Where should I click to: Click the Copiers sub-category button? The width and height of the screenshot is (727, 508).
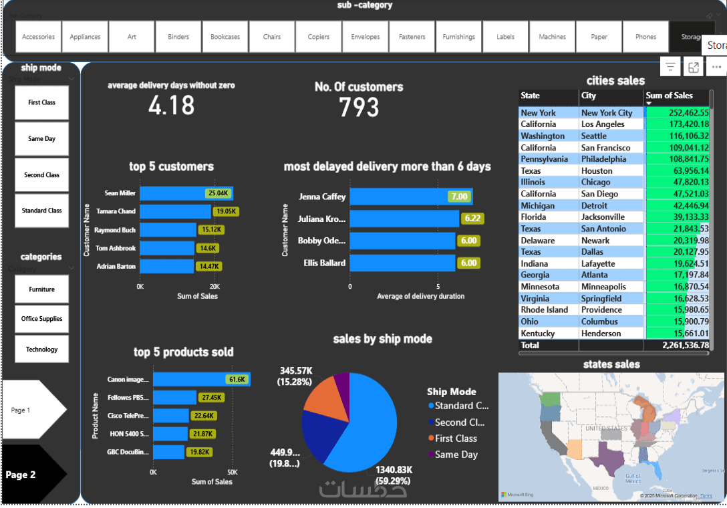pos(319,37)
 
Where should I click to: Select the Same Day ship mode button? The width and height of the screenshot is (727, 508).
pos(41,139)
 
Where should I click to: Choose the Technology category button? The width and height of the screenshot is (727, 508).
pos(41,349)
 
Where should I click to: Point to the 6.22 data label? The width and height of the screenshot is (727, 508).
pos(472,219)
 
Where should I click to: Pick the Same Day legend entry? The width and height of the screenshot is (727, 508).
pos(456,455)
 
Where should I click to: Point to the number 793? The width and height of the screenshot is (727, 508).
pos(359,108)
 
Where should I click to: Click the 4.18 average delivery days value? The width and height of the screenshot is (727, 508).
pos(172,106)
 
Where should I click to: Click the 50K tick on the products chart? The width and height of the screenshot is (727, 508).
pos(232,472)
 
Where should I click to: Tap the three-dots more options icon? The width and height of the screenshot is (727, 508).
pos(716,67)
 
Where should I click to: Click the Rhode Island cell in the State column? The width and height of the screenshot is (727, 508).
pos(544,310)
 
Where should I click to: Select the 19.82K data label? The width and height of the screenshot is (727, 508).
pos(200,452)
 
